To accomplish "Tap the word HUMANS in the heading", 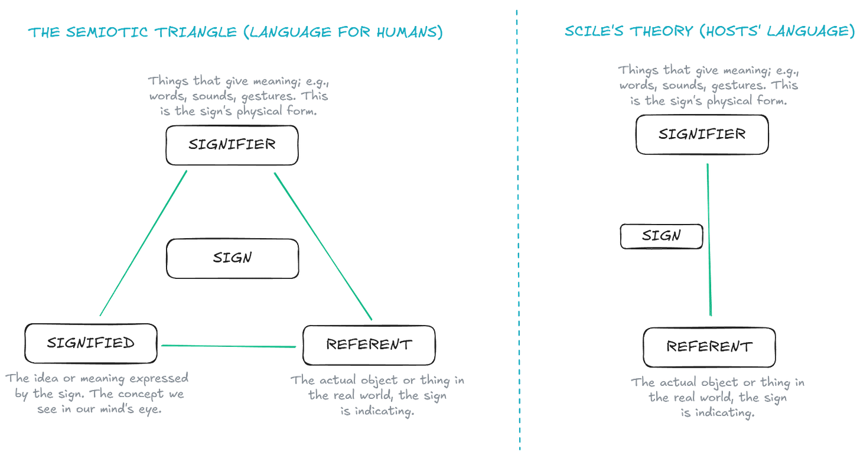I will point(408,32).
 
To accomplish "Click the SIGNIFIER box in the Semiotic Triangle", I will point(232,145).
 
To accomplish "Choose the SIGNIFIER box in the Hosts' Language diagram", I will point(702,135).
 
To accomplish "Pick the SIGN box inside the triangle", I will point(233,258).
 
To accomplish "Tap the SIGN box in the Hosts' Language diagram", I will point(662,236).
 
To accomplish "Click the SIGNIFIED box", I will point(92,343).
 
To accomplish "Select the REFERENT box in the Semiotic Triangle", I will point(369,344).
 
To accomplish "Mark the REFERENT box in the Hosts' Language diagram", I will point(709,346).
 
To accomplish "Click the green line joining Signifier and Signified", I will point(144,242).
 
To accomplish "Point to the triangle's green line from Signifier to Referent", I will point(322,245).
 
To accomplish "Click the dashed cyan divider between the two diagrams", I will point(518,236).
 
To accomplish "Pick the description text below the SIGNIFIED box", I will point(97,394).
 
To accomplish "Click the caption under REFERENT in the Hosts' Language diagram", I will point(718,398).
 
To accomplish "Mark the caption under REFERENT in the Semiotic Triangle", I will point(378,396).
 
